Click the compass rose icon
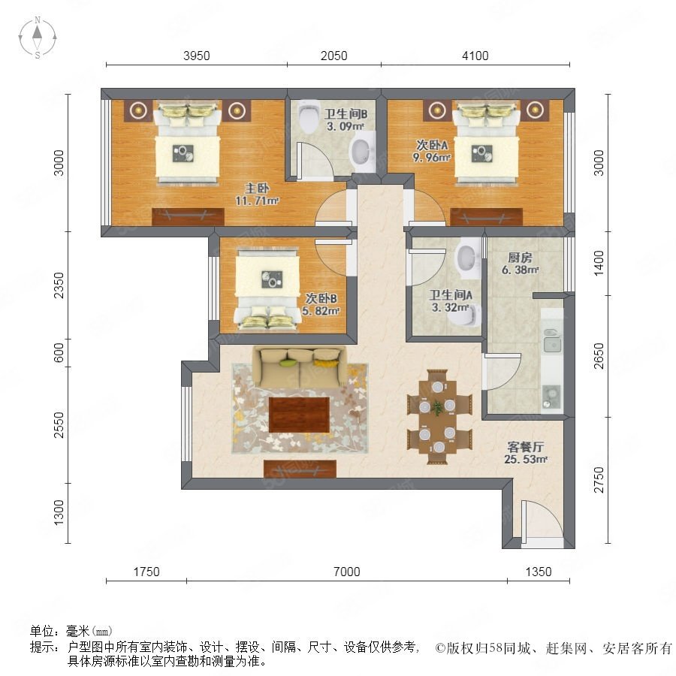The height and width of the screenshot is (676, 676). coord(38,38)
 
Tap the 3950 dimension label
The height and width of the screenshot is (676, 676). coord(197,56)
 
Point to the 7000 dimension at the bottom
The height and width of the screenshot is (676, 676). coord(346,572)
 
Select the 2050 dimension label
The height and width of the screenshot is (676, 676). coord(333,56)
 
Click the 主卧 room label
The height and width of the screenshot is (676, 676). coord(257,188)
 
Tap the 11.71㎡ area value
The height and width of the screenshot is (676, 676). coord(257,201)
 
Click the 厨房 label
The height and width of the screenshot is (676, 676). coord(520,258)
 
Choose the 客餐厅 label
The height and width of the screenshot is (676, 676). coord(526,447)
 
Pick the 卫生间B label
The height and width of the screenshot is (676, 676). coord(346,114)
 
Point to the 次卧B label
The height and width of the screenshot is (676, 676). coord(321,298)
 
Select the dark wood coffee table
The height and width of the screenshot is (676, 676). coord(299,415)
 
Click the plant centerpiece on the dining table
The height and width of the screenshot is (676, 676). coord(437,407)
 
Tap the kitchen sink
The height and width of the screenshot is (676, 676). coord(552,345)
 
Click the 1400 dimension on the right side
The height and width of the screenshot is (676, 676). coord(599,264)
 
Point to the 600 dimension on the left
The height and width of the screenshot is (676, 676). coord(59,353)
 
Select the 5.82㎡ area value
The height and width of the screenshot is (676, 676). coord(321,311)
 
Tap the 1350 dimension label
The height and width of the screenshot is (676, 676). coord(539,572)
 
